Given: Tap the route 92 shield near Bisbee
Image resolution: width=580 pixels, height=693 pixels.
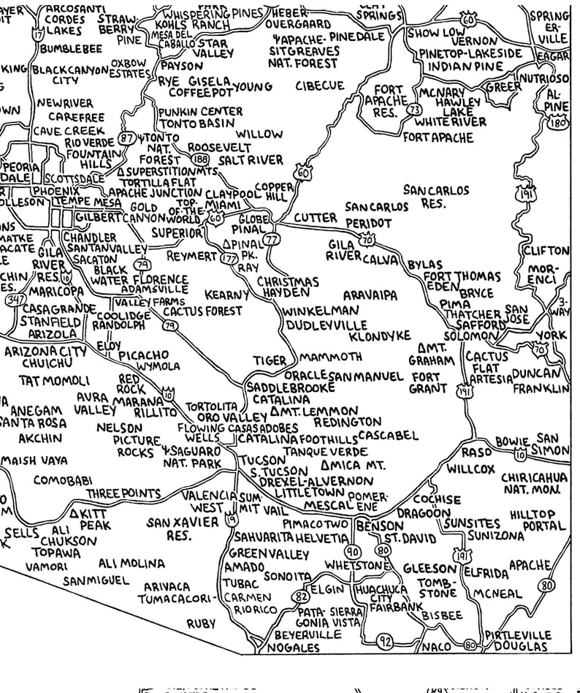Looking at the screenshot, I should coord(386,642).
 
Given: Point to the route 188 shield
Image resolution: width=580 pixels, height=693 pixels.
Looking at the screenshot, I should coord(199,159).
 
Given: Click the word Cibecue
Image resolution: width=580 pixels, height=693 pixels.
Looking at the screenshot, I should coord(319,86).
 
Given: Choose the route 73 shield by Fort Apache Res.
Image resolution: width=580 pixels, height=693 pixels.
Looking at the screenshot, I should coord(415,110).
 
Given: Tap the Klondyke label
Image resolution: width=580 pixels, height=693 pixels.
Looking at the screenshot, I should coord(380,337).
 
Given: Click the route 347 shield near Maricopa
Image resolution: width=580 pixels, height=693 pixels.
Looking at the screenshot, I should coord(11,299).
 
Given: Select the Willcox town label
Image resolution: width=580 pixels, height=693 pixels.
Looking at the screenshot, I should coord(470,469).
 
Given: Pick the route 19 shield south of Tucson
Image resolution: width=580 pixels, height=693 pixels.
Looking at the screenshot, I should coord(232,520).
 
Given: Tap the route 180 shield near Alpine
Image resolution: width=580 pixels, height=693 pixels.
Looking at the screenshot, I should coord(561,123).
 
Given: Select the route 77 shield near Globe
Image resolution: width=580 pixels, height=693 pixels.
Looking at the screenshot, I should coord(272,238).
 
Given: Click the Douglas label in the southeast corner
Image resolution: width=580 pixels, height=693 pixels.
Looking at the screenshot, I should coord(519,647).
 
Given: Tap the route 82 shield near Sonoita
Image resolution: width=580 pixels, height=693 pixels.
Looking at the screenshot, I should coord(298,597).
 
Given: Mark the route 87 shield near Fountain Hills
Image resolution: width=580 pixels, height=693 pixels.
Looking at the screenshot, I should coord(128,137).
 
